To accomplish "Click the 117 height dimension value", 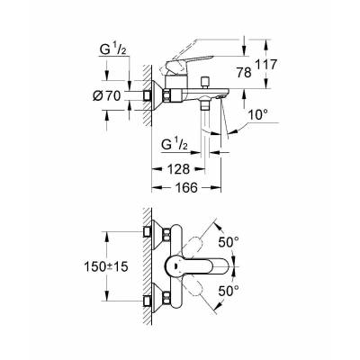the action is [266, 65].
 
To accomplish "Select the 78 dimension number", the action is [244, 73].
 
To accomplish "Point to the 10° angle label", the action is [257, 114].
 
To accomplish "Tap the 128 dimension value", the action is [179, 169].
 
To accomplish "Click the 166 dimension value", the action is [186, 188].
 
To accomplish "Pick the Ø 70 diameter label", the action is [106, 96].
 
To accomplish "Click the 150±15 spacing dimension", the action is [106, 266].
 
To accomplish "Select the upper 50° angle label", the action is [229, 242].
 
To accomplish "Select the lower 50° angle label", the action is [229, 291].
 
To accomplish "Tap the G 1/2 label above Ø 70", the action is [113, 50].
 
